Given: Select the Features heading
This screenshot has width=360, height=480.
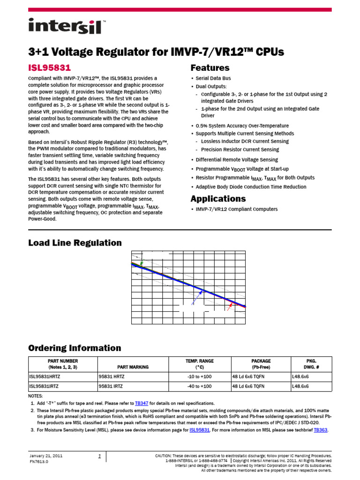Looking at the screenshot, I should (x=210, y=67).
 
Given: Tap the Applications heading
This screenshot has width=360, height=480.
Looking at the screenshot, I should (x=218, y=198).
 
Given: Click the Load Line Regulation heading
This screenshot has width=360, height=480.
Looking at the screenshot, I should (x=75, y=243).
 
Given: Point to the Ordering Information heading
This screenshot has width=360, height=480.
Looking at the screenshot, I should (x=75, y=348).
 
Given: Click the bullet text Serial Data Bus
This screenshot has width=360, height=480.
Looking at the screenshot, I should (x=213, y=78).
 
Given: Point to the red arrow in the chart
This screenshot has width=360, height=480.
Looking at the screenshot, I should (x=229, y=307).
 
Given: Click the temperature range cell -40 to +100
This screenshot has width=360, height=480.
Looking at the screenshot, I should (x=200, y=386).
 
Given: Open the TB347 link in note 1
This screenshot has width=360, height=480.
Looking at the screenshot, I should (x=142, y=403).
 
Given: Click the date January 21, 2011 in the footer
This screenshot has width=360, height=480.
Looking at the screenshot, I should (x=46, y=456).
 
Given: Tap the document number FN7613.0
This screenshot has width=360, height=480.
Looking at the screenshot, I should (x=39, y=462).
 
